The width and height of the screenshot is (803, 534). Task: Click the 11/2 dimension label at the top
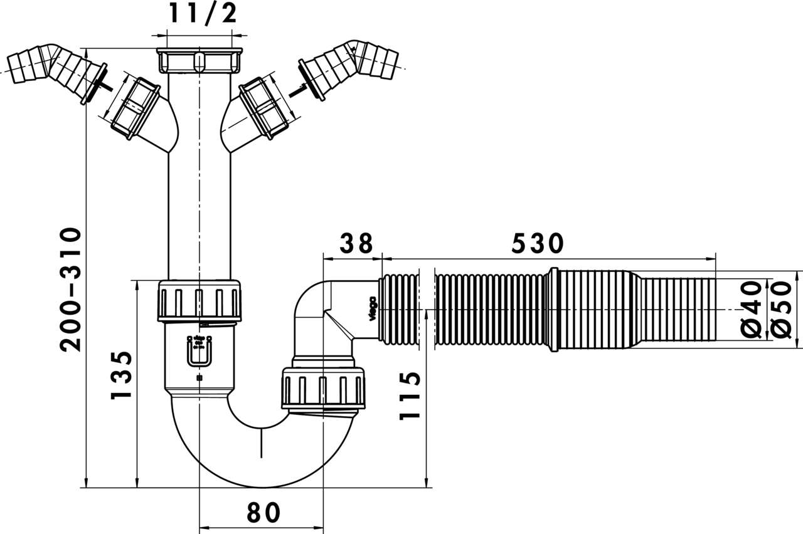[203, 13]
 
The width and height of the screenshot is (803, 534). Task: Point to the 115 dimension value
[408, 395]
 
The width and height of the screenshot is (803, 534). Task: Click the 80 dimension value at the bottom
[262, 513]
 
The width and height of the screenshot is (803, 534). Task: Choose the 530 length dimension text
[538, 243]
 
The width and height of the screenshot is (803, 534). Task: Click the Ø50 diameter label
[780, 310]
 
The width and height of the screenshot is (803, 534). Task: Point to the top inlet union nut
[199, 61]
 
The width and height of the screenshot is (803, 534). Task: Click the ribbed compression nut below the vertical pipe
[199, 301]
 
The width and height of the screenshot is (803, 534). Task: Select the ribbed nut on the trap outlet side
[323, 389]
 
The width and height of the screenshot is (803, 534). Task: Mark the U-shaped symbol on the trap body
[199, 352]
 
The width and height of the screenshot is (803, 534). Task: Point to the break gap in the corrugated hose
[426, 310]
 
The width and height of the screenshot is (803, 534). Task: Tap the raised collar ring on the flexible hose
[553, 310]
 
